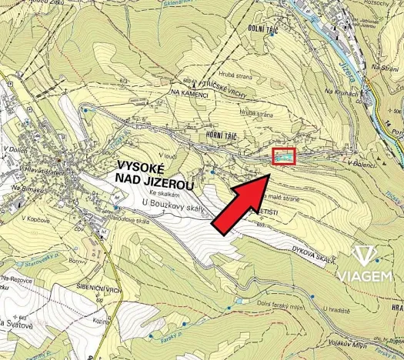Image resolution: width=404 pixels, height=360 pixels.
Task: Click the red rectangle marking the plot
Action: [285, 156]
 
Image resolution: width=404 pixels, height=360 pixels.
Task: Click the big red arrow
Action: [241, 205]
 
